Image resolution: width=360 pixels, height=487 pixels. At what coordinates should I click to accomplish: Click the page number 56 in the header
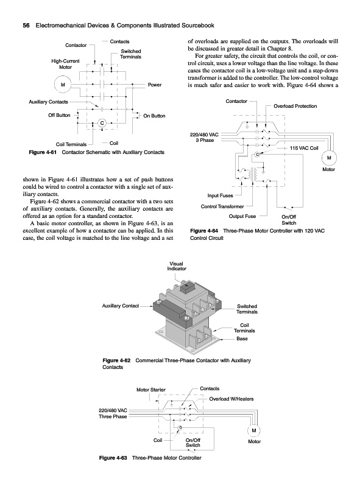coord(26,26)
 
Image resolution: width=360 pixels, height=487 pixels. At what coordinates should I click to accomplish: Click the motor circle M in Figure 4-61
coord(63,85)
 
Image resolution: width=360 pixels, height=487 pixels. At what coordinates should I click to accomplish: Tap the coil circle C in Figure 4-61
coord(102,124)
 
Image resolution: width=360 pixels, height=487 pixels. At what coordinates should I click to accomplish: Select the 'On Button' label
coord(154,116)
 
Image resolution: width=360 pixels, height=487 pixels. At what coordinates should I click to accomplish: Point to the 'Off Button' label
coord(59,115)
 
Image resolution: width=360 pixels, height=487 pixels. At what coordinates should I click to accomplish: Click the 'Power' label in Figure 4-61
coord(155,85)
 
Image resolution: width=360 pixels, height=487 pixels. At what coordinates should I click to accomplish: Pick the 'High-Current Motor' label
coord(65,64)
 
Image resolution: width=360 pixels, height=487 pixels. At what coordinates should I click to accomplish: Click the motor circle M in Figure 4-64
coord(329,158)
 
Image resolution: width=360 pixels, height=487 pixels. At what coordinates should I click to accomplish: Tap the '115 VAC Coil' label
coord(304,148)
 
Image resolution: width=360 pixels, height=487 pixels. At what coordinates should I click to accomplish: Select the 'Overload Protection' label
coord(295,106)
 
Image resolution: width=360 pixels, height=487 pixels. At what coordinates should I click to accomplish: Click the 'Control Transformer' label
coord(222,206)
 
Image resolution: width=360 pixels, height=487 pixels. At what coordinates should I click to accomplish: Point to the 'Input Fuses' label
coord(220,195)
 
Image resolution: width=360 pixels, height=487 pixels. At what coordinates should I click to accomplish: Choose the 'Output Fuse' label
coord(242,217)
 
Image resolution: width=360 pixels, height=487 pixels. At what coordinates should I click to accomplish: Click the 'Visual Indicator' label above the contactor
coord(177,266)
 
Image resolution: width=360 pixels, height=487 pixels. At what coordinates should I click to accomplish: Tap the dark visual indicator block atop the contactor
coord(187,288)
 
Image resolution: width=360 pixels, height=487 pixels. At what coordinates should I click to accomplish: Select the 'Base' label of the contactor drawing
coord(242,339)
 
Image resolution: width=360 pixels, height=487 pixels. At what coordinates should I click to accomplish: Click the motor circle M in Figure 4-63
coord(253,430)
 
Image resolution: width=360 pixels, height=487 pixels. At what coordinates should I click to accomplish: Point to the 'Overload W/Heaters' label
coord(231,399)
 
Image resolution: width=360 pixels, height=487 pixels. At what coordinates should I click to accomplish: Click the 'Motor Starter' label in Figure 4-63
coord(151,390)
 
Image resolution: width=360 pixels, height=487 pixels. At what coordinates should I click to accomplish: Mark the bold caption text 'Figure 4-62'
coord(116,360)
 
